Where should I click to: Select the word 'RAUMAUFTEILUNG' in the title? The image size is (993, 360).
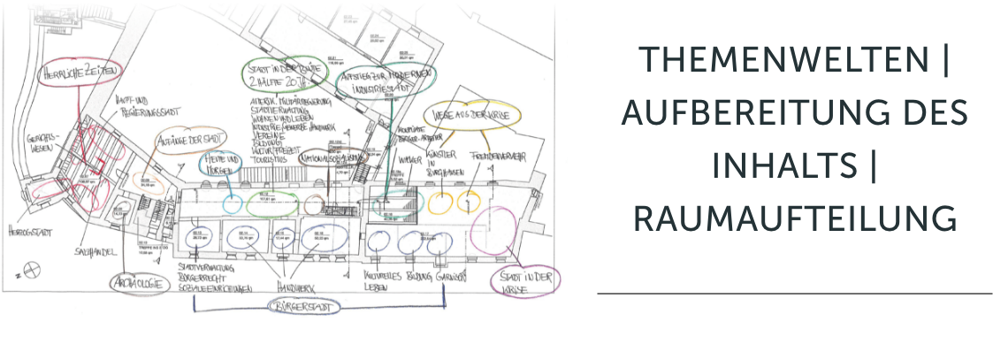pyautogui.click(x=795, y=218)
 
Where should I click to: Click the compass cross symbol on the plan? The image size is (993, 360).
pyautogui.click(x=32, y=270)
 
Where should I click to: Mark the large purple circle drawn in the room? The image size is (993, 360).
pyautogui.click(x=493, y=232)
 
